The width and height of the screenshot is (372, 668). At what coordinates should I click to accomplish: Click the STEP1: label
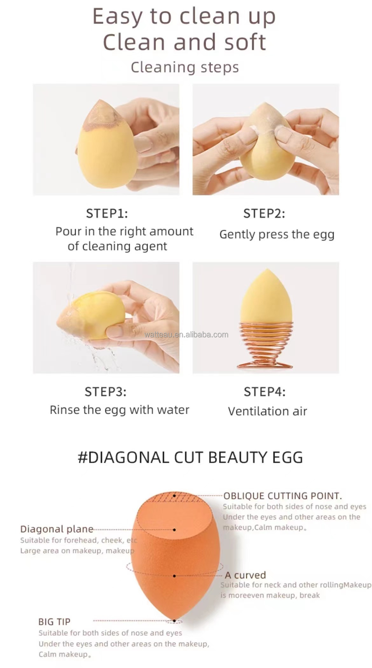(107, 214)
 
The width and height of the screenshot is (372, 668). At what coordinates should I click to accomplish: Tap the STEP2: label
(264, 214)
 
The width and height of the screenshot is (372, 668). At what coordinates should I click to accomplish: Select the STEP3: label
(106, 392)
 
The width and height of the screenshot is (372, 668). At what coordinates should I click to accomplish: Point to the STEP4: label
(265, 392)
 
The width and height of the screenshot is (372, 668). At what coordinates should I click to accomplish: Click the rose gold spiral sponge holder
(265, 346)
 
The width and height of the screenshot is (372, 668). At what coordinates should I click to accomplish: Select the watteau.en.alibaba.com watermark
(186, 335)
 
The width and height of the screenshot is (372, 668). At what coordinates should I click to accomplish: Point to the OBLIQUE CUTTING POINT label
(282, 496)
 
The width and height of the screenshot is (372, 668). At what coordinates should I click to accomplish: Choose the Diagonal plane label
(57, 529)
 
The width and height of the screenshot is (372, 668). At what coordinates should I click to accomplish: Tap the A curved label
(245, 575)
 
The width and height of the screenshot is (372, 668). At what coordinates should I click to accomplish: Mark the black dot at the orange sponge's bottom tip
(174, 621)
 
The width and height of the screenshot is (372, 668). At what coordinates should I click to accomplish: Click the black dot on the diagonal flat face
(175, 530)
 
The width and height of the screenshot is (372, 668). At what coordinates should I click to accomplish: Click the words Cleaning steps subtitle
(185, 67)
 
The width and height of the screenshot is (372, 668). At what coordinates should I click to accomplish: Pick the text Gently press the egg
(277, 235)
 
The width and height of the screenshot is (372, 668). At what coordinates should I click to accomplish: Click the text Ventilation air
(267, 411)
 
